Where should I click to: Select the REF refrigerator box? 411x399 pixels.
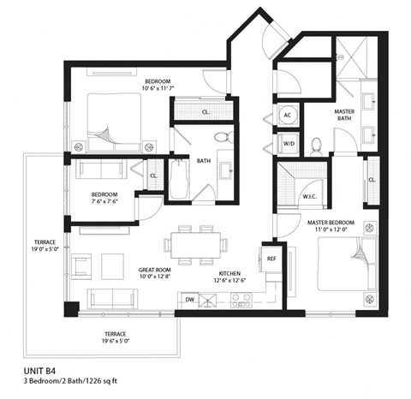click(x=271, y=258)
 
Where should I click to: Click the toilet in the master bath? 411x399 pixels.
click(x=316, y=146)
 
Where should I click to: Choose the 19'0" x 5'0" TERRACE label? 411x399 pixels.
click(x=45, y=247)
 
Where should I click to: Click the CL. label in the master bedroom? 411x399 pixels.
click(x=372, y=180)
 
